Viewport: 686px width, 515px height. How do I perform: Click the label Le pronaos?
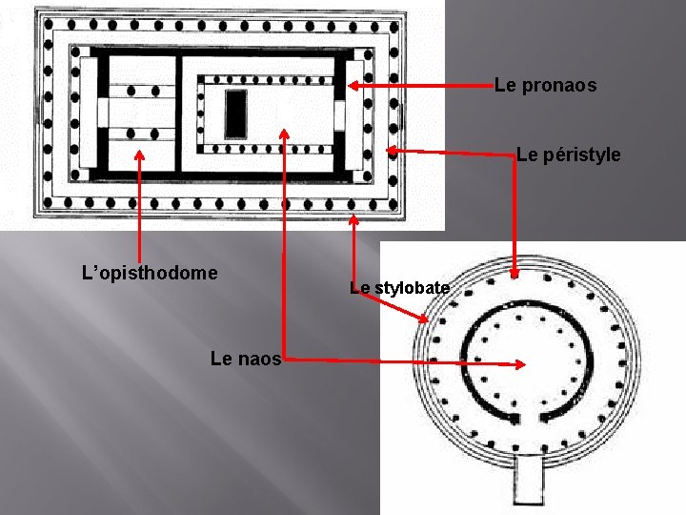click(545, 86)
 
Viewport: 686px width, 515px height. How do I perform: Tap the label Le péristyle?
click(568, 154)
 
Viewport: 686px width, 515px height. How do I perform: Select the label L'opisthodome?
click(150, 274)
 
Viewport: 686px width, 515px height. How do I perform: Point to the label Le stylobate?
click(399, 287)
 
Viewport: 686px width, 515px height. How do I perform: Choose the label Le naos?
click(245, 360)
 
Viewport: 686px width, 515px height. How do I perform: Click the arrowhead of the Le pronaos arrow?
click(352, 86)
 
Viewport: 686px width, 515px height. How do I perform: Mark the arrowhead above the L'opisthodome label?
click(140, 154)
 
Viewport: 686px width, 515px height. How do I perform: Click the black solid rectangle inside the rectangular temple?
click(235, 113)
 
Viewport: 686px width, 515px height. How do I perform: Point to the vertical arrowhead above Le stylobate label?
click(353, 220)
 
